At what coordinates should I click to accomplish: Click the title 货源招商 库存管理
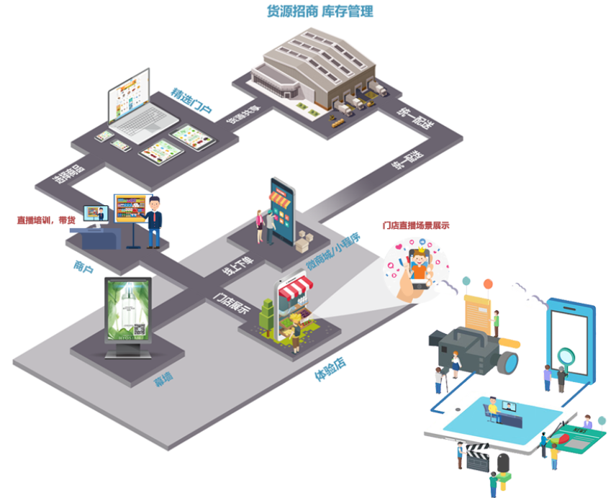pyautogui.click(x=320, y=12)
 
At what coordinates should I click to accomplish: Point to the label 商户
pyautogui.click(x=83, y=267)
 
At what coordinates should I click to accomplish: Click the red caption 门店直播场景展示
pyautogui.click(x=415, y=225)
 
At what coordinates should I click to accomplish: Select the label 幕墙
pyautogui.click(x=163, y=379)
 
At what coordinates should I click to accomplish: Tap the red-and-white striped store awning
pyautogui.click(x=295, y=290)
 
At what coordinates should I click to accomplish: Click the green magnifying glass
pyautogui.click(x=567, y=357)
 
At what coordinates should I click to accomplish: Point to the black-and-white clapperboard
pyautogui.click(x=478, y=457)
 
